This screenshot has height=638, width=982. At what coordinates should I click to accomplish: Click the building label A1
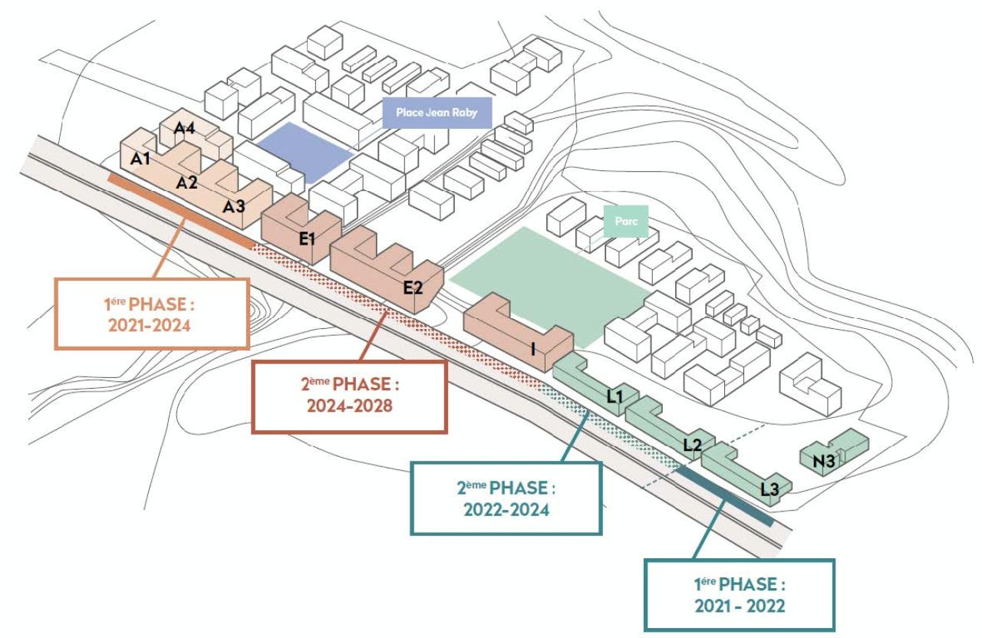click(x=140, y=159)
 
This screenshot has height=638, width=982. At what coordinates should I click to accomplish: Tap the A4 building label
click(x=185, y=129)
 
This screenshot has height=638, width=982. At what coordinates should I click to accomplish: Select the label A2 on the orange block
click(x=187, y=183)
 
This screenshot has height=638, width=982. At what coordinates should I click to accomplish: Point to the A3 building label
click(x=234, y=206)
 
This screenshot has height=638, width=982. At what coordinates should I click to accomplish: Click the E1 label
click(x=308, y=238)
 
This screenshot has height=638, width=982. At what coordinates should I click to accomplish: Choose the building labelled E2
click(x=413, y=288)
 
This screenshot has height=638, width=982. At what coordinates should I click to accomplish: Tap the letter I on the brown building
click(x=532, y=349)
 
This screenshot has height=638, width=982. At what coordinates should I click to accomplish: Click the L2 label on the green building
click(x=692, y=444)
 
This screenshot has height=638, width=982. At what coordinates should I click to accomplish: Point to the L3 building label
click(x=769, y=488)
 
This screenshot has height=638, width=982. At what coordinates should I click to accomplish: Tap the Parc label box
click(x=626, y=220)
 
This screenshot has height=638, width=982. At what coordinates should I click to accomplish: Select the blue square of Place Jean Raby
click(x=304, y=151)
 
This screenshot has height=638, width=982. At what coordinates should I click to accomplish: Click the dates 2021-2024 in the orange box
click(x=153, y=326)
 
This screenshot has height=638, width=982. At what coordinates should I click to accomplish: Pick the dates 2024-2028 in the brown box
click(x=349, y=406)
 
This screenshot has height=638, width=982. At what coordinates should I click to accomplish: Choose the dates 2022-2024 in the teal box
click(x=506, y=509)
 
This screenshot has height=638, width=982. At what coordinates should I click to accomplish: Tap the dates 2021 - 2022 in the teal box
click(x=740, y=606)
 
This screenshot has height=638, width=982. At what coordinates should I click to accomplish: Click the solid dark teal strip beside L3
click(x=725, y=497)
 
